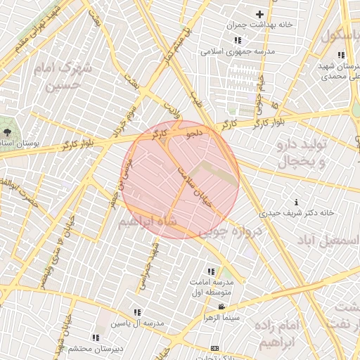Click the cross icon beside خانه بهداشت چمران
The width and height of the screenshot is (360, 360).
coord(259,14)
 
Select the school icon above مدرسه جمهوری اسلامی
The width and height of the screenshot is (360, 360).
coord(237,40)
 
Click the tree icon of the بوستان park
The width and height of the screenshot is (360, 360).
coord(7,131)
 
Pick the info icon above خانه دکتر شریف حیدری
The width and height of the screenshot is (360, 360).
coord(295,202)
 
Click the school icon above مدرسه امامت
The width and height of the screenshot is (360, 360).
coord(210,271)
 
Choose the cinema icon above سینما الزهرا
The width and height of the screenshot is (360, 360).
coord(222,307)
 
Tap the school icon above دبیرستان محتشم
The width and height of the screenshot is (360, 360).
coord(96,338)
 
